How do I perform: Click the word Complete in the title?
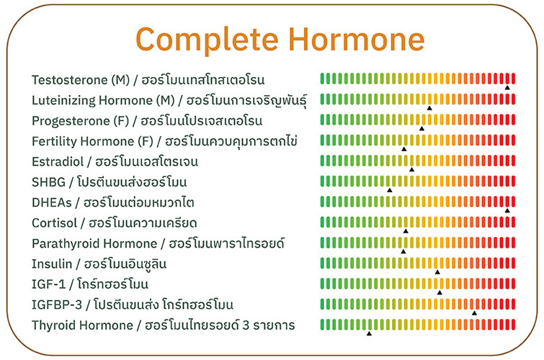pyautogui.click(x=207, y=40)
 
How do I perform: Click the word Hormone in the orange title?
pyautogui.click(x=357, y=39)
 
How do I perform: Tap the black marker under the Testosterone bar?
pyautogui.click(x=507, y=88)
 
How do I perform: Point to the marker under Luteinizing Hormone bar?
pyautogui.click(x=429, y=108)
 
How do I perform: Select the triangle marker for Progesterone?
pyautogui.click(x=422, y=129)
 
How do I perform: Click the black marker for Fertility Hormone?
pyautogui.click(x=403, y=149)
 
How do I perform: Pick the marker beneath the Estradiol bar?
pyautogui.click(x=412, y=170)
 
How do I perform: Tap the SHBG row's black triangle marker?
pyautogui.click(x=390, y=190)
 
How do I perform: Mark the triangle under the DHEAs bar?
pyautogui.click(x=507, y=210)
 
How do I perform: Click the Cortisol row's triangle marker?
pyautogui.click(x=406, y=231)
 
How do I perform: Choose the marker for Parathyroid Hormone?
pyautogui.click(x=403, y=251)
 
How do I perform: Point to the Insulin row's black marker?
pyautogui.click(x=437, y=272)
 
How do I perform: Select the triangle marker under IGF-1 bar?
pyautogui.click(x=440, y=293)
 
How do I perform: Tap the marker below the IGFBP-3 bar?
pyautogui.click(x=474, y=313)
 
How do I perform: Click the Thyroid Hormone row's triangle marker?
pyautogui.click(x=369, y=333)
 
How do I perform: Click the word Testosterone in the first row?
pyautogui.click(x=70, y=80)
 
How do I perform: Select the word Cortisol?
pyautogui.click(x=55, y=223)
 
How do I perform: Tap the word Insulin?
pyautogui.click(x=52, y=264)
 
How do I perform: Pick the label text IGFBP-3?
pyautogui.click(x=57, y=305)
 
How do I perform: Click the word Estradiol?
pyautogui.click(x=58, y=162)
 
